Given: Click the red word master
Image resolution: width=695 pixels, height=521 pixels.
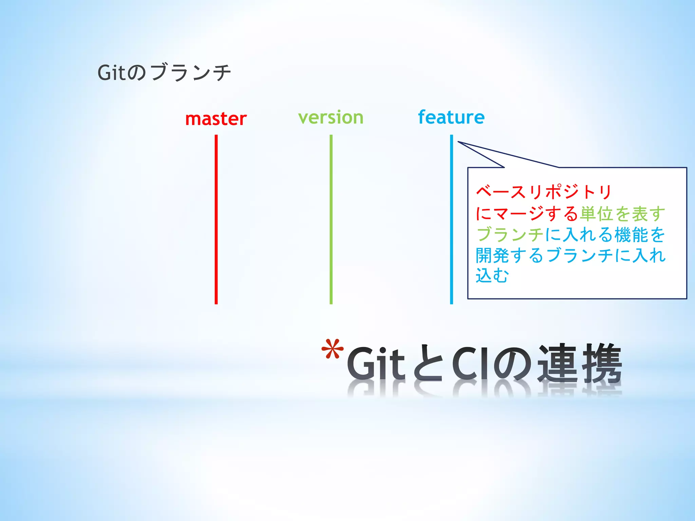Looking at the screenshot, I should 216,119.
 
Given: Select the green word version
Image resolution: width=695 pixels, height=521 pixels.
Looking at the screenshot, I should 331,118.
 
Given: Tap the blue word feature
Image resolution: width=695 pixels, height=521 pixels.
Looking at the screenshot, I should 451,117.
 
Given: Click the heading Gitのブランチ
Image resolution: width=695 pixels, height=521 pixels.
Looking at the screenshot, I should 164,72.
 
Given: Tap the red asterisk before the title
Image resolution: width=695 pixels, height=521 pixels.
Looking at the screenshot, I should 332,349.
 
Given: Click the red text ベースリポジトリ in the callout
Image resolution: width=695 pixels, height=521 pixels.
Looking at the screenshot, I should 544,192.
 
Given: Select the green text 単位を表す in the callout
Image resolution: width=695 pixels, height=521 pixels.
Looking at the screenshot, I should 622,214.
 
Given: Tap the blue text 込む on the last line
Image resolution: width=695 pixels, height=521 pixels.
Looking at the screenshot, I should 492,275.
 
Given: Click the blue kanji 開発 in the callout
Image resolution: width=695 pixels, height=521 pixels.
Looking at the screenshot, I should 492,255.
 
